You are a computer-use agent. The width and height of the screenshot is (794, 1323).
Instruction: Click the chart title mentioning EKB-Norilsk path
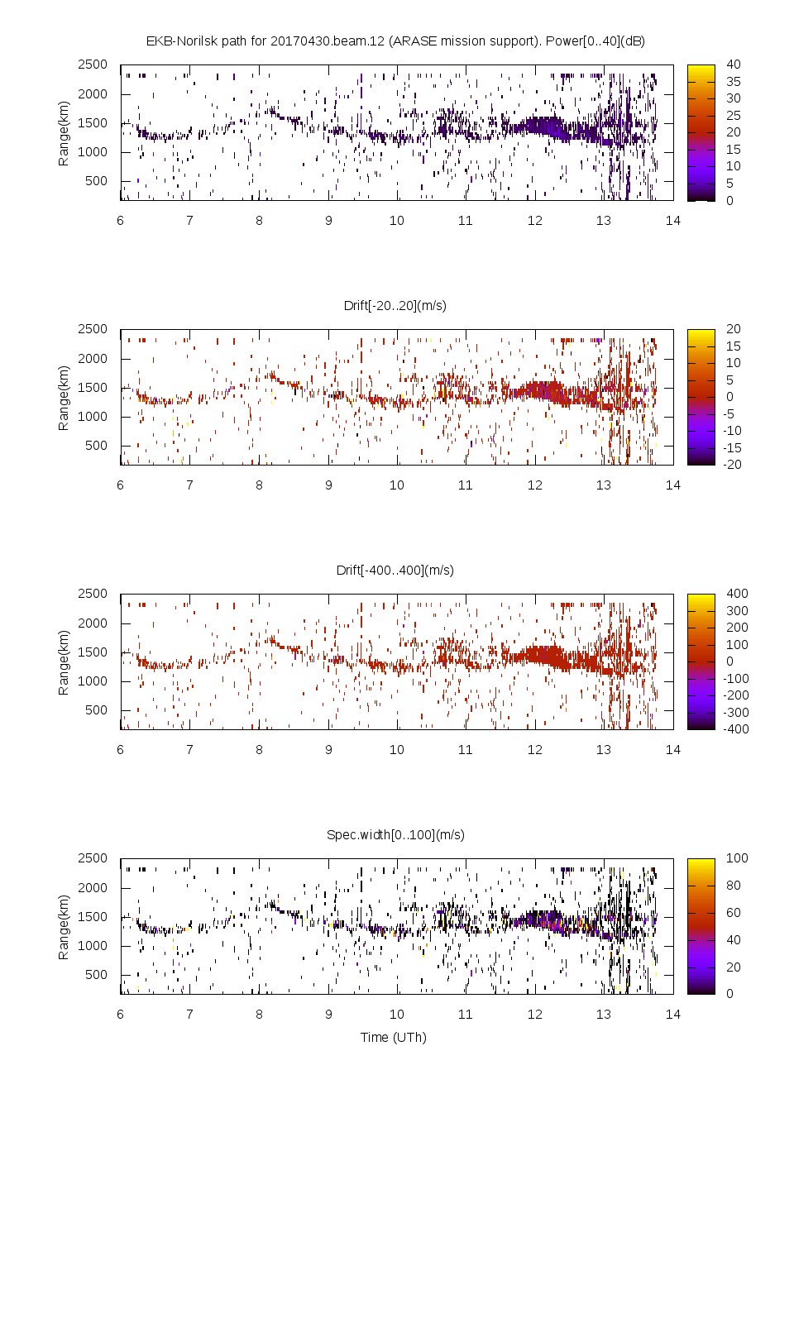click(395, 41)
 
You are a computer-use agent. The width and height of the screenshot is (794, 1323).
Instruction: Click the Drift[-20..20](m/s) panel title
click(395, 305)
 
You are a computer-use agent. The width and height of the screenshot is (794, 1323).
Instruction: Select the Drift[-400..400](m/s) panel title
click(395, 570)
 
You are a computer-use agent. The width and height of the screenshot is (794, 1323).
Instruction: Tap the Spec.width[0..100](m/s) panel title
click(395, 834)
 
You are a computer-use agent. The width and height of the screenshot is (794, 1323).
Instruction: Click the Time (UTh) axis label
click(394, 1037)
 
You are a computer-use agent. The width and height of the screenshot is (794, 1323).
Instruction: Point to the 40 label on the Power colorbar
click(734, 64)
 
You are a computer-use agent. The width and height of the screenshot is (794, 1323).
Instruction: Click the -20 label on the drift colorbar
click(734, 465)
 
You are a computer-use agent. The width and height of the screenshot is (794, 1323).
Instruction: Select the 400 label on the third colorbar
click(737, 594)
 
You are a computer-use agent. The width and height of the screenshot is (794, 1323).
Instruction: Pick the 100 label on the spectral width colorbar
click(737, 858)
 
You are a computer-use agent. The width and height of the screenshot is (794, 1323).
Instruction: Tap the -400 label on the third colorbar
click(735, 729)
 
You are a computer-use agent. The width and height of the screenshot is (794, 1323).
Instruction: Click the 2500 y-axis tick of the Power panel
click(93, 64)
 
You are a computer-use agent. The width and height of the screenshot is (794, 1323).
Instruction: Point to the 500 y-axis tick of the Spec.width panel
click(96, 974)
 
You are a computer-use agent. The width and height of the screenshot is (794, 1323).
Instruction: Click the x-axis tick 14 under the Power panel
click(673, 220)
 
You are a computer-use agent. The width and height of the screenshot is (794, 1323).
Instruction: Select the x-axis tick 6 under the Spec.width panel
click(121, 1014)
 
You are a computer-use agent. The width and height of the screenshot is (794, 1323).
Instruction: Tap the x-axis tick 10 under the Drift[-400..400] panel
click(397, 749)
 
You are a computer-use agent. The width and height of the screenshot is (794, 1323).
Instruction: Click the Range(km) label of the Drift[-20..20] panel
click(64, 399)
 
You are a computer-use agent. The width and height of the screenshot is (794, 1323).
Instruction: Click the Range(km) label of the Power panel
click(64, 134)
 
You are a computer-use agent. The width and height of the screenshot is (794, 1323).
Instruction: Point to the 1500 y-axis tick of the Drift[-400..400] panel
click(93, 652)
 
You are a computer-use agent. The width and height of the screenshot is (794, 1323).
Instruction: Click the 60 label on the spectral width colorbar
click(734, 913)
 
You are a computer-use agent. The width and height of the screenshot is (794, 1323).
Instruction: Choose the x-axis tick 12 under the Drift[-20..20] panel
click(535, 485)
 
